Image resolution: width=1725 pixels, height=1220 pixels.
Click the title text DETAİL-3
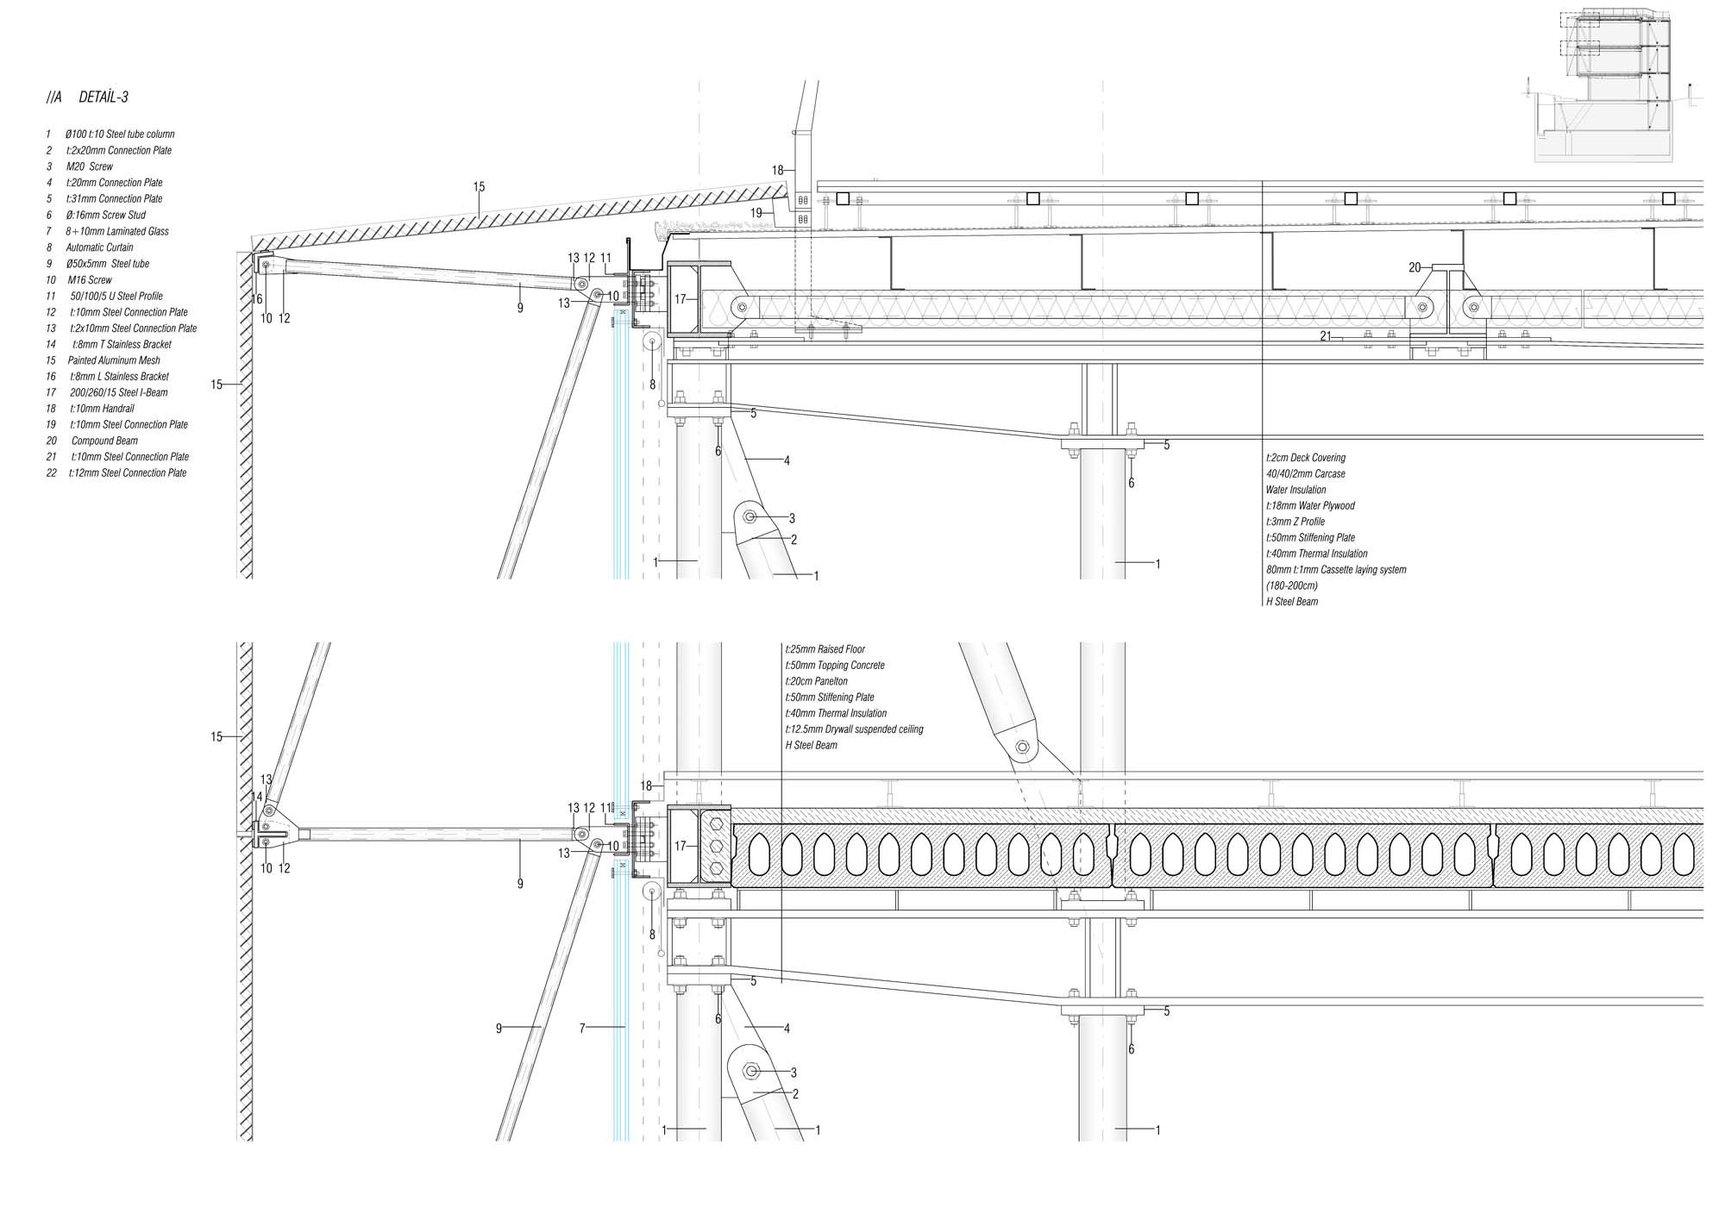pos(103,97)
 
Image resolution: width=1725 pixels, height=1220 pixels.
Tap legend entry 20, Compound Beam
pos(103,441)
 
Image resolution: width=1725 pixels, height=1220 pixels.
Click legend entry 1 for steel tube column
pos(119,135)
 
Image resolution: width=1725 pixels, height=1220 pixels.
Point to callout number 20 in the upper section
pos(1414,268)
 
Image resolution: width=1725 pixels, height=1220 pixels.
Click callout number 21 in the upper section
pos(1326,337)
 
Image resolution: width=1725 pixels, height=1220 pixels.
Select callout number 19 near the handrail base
pos(756,213)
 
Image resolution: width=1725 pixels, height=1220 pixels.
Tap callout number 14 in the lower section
pos(256,798)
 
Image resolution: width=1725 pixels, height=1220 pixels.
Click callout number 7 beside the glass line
pos(582,1028)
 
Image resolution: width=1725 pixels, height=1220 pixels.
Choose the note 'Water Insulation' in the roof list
pos(1295,490)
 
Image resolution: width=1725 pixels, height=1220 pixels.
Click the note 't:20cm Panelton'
pos(816,681)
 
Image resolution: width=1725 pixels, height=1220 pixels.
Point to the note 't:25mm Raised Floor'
pos(825,649)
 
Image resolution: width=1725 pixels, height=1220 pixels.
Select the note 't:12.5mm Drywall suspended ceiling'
pos(854,729)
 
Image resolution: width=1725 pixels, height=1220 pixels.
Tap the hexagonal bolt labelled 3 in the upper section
pos(750,517)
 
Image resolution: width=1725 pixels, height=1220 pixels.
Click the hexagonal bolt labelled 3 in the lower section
pos(751,1072)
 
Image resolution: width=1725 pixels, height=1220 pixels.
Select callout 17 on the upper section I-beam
pos(680,299)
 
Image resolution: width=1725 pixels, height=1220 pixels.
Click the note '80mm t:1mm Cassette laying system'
pos(1335,570)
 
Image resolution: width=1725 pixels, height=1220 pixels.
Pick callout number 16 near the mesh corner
pos(257,299)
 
